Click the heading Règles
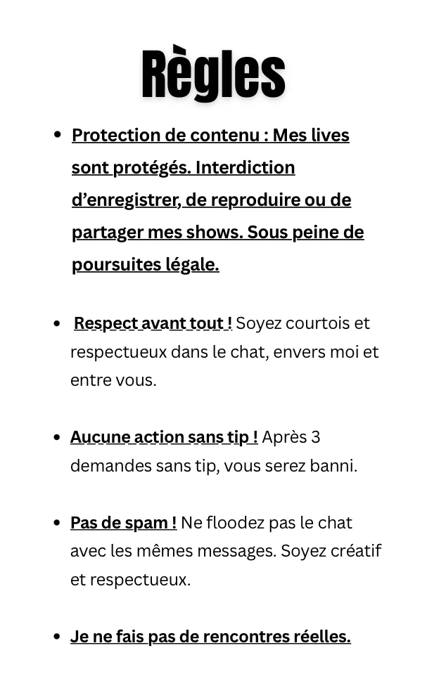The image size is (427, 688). click(x=213, y=74)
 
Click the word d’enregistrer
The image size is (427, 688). click(x=125, y=200)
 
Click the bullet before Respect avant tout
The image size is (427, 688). click(x=57, y=323)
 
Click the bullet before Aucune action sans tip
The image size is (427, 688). click(x=57, y=437)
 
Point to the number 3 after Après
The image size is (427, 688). click(x=315, y=437)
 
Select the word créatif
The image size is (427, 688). click(x=356, y=551)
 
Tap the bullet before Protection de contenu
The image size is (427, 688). click(x=57, y=135)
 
